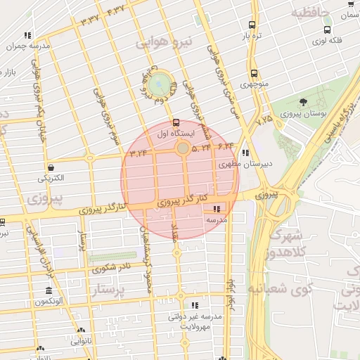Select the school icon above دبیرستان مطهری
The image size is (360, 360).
click(x=245, y=153)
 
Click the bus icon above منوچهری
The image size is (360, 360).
click(x=254, y=72)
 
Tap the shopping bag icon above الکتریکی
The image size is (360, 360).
click(x=51, y=167)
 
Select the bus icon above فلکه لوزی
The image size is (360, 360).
click(x=327, y=30)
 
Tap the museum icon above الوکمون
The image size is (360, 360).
click(x=49, y=291)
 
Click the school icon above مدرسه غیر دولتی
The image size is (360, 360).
click(x=195, y=306)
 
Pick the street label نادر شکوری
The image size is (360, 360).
click(x=115, y=267)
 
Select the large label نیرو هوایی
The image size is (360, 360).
click(x=163, y=43)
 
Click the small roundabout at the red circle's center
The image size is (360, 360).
click(x=182, y=148)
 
